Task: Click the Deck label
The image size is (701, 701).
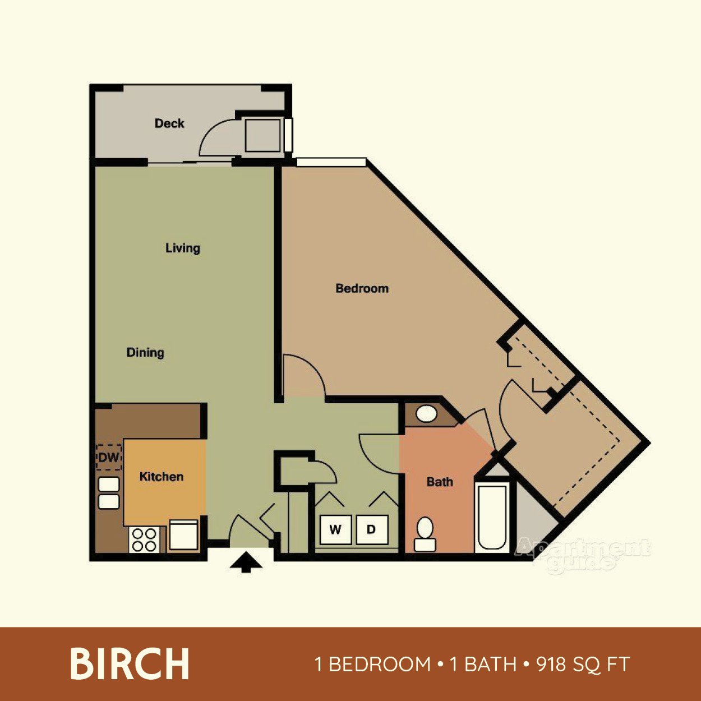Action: pos(169,123)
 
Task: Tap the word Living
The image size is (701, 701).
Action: pos(182,248)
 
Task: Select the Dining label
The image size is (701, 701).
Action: pos(145,353)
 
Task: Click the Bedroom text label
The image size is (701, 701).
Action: pos(362,288)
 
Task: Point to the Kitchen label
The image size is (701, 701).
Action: pos(162,477)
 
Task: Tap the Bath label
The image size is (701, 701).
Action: pos(440,482)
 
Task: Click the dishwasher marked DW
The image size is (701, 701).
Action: pos(109,457)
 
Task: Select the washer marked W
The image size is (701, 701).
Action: pos(335,529)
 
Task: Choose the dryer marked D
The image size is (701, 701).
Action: pos(371,529)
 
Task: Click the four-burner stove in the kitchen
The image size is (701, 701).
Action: pos(144,539)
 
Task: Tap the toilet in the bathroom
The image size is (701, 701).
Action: pos(425,534)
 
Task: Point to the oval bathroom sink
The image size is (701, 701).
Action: pos(426,414)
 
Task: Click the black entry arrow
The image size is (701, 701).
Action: pos(246,562)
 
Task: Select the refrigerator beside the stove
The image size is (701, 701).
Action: pos(183,534)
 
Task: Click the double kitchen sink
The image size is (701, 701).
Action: pos(109,492)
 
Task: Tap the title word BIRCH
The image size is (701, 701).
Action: pos(130,664)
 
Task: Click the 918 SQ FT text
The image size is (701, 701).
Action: pos(583,665)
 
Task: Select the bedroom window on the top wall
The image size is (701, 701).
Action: pos(331,162)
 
